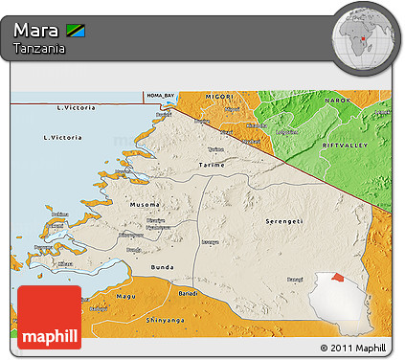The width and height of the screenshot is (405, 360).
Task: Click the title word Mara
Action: click(x=36, y=30)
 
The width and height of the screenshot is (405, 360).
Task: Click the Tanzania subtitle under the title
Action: click(x=39, y=48)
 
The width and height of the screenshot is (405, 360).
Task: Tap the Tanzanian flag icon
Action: click(x=77, y=31)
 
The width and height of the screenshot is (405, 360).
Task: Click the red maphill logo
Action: click(x=49, y=316)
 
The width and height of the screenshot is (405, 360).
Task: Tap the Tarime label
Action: click(x=211, y=165)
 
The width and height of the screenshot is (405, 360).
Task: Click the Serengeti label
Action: click(x=284, y=221)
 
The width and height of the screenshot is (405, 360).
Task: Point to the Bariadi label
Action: click(x=189, y=292)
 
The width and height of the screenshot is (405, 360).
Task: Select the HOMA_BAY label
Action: click(x=161, y=96)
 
